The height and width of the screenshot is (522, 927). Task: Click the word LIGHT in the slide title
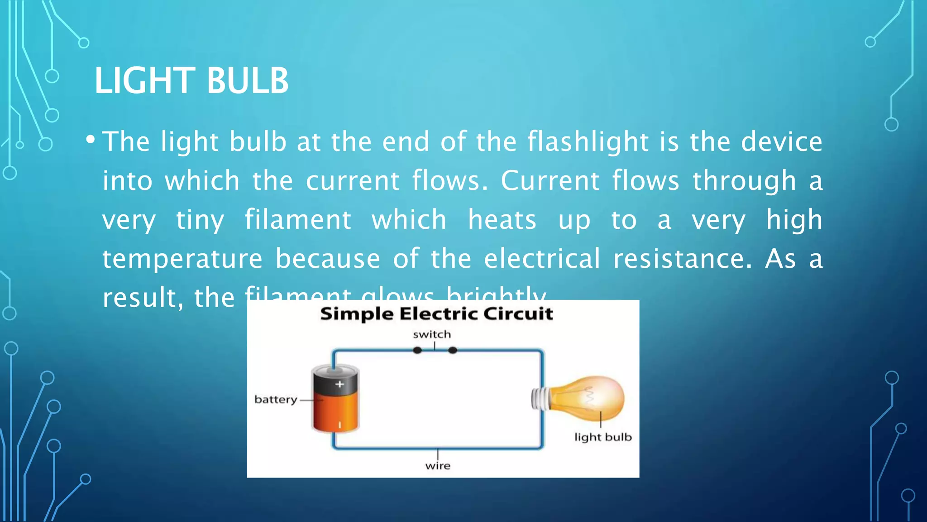tap(144, 81)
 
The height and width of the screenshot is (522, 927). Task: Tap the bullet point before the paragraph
tap(91, 140)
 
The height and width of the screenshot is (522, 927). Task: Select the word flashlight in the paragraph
tap(588, 142)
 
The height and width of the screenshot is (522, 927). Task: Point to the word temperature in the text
tap(182, 259)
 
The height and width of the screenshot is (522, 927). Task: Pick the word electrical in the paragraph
tap(542, 259)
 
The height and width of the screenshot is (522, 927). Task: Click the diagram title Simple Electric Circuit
tap(436, 314)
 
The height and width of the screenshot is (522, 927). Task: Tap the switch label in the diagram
tap(432, 334)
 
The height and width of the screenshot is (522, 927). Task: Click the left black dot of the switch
tap(417, 350)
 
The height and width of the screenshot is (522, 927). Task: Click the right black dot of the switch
tap(453, 350)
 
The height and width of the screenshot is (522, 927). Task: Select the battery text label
tap(276, 400)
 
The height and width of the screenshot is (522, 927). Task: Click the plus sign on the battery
tap(339, 384)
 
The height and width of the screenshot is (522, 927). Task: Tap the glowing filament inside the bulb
tap(590, 396)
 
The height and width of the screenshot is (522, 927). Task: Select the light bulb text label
tap(603, 437)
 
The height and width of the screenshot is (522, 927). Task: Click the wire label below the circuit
tap(438, 466)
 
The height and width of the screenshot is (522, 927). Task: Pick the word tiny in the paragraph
tap(200, 221)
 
